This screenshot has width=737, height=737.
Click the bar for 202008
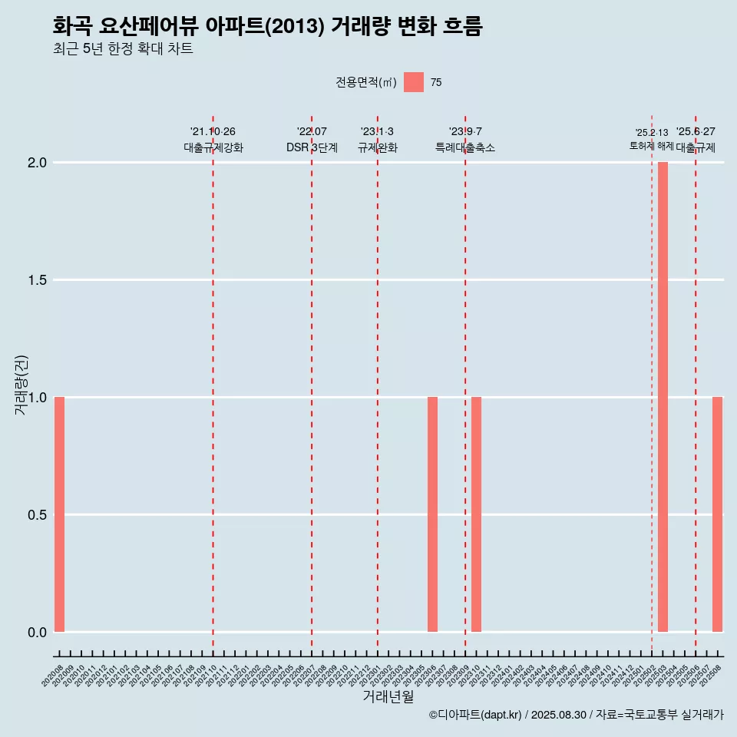coord(59,514)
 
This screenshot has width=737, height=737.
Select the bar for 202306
coord(432,514)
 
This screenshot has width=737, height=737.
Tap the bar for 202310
coord(476,514)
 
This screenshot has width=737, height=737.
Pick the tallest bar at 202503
coord(663,397)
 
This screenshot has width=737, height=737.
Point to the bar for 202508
coord(717,514)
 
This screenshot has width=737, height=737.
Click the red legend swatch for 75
coord(414,82)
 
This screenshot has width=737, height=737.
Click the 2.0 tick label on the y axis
coord(38,163)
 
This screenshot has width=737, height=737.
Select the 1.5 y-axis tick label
coord(38,280)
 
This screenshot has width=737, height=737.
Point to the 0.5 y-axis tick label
coord(38,515)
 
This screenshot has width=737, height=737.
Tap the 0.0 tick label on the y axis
coord(38,633)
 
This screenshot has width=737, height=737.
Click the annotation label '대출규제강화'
coord(213,147)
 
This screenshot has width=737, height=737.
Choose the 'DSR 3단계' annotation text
coord(312,147)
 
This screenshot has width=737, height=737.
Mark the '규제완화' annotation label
coord(378,147)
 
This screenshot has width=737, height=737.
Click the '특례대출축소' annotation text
coord(465,147)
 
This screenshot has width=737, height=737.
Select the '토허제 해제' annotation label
coord(651,146)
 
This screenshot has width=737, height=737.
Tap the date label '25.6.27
coord(696,132)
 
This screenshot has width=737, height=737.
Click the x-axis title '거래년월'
coord(388,697)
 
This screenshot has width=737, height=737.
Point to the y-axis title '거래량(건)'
coord(21,384)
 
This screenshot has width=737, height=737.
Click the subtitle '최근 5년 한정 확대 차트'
coord(123,49)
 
